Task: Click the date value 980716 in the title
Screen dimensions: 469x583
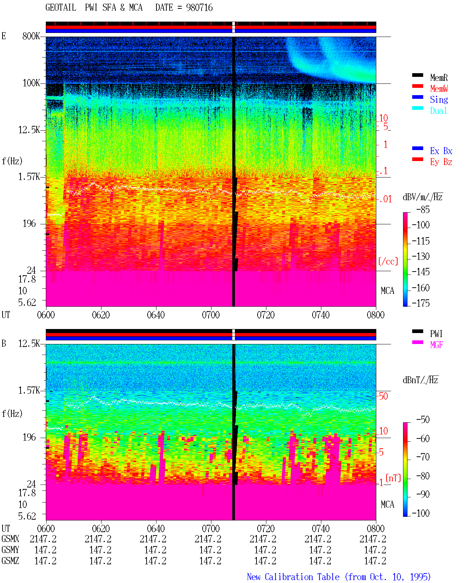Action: point(199,8)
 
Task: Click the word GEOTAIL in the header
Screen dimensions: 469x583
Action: point(61,8)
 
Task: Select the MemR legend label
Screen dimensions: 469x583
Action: point(439,78)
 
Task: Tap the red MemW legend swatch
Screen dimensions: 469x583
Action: point(418,86)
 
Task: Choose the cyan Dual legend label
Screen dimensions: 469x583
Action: point(439,111)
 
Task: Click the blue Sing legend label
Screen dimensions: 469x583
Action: point(439,100)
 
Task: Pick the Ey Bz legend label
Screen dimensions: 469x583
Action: point(441,162)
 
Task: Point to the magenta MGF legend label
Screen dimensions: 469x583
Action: point(437,345)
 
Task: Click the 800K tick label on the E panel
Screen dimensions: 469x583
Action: point(31,36)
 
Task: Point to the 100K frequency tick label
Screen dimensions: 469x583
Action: point(31,83)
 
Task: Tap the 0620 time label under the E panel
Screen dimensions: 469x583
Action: point(101,315)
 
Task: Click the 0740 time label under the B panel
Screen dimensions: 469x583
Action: point(321,528)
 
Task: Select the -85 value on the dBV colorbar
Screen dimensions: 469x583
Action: point(423,210)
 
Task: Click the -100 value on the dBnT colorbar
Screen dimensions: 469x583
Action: point(421,513)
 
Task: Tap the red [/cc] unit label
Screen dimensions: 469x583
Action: point(388,261)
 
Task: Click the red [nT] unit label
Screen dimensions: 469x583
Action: point(393,478)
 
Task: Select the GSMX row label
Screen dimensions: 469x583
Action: point(10,539)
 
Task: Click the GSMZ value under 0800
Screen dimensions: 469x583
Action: point(375,561)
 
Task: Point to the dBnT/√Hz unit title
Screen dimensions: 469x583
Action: point(421,380)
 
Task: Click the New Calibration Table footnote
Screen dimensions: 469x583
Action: point(339,577)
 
